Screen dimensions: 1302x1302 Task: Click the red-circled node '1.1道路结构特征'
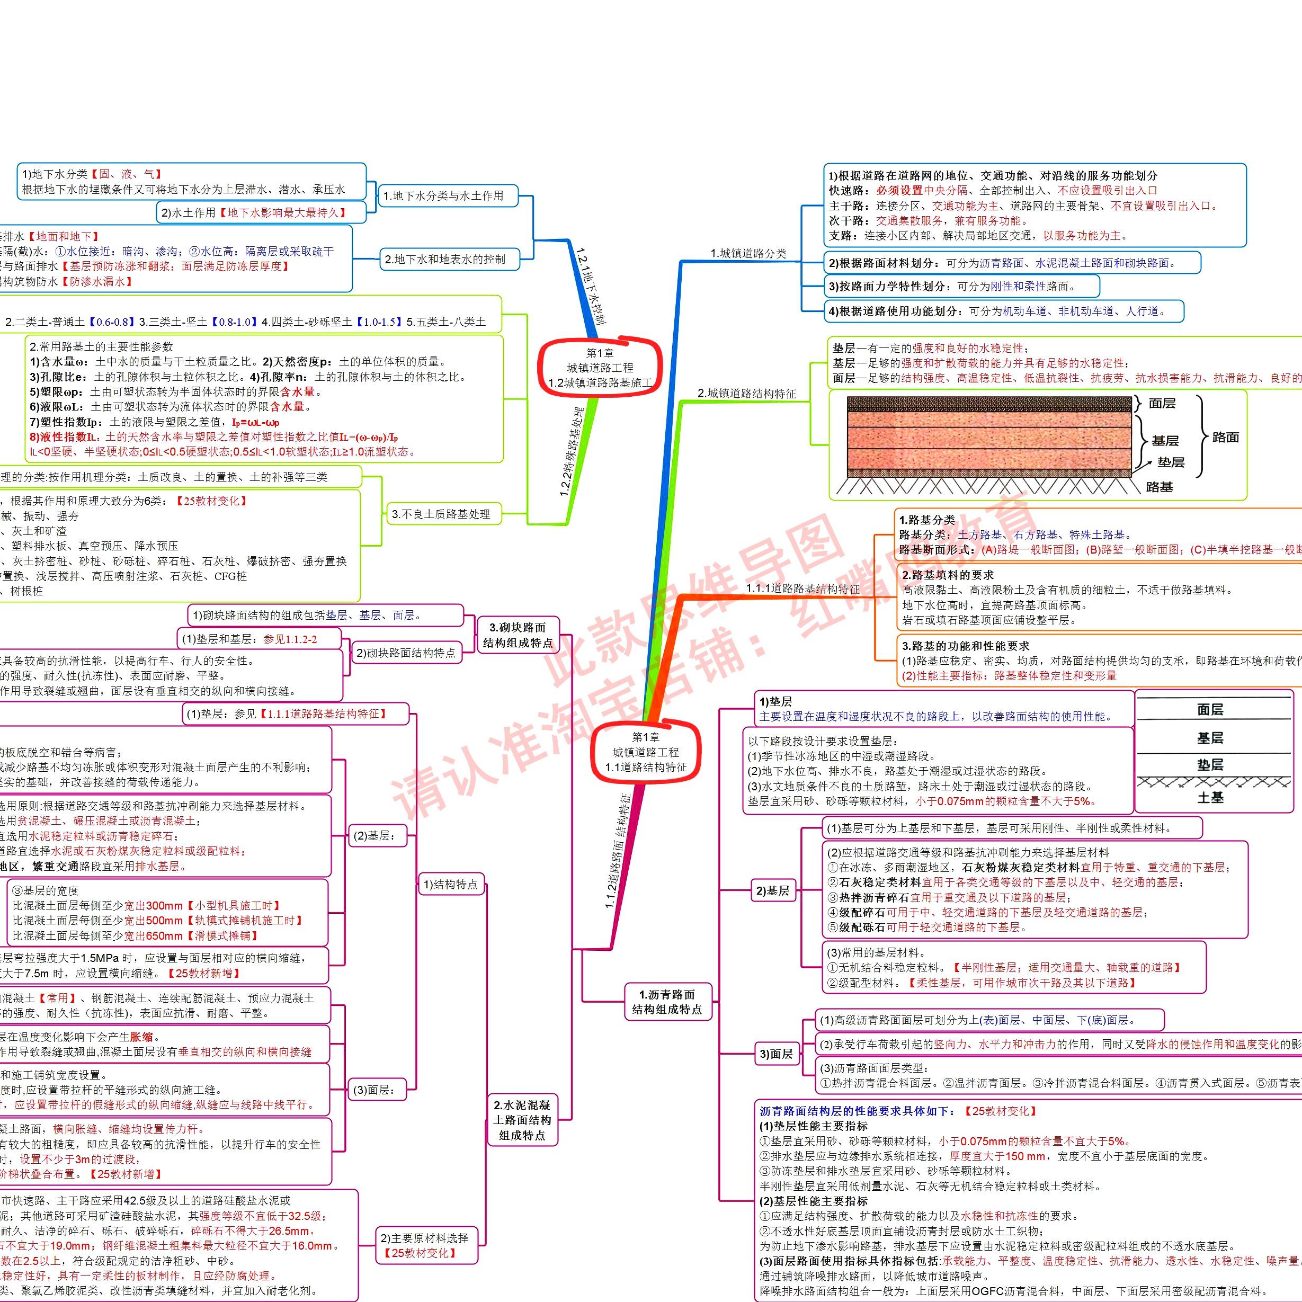(x=646, y=752)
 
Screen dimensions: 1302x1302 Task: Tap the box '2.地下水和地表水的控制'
(x=445, y=259)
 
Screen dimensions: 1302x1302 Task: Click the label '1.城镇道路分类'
(x=748, y=253)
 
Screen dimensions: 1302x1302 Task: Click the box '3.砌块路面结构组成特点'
(x=518, y=635)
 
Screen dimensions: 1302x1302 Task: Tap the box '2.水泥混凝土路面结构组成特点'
(x=522, y=1120)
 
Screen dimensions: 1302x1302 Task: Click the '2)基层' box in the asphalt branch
(x=772, y=890)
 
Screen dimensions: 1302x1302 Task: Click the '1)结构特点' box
(x=450, y=885)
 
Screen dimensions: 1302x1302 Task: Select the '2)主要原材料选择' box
(x=425, y=1245)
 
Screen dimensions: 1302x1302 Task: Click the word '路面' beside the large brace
(x=1225, y=438)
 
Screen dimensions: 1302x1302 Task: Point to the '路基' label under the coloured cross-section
(x=1159, y=487)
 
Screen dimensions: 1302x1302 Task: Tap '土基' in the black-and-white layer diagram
(x=1210, y=797)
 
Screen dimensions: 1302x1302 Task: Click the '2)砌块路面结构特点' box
(x=406, y=653)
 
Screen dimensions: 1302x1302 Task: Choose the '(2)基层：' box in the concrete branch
(x=374, y=836)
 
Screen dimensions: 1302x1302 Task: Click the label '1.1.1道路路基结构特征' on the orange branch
(x=802, y=588)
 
